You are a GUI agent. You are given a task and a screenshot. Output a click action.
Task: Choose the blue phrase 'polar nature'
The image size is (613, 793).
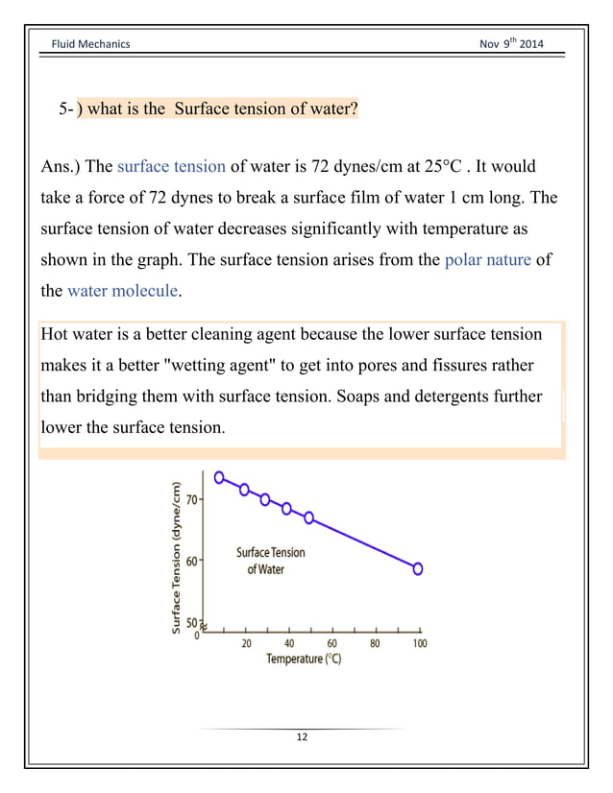click(x=488, y=259)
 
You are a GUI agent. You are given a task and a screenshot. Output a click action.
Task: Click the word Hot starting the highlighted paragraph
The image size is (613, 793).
click(x=58, y=334)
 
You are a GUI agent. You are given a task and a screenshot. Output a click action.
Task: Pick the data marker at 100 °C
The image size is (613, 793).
click(x=418, y=568)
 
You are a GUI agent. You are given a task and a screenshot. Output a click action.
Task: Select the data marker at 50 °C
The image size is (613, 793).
click(x=308, y=517)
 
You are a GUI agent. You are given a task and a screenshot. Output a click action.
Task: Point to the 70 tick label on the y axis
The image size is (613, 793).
click(x=191, y=499)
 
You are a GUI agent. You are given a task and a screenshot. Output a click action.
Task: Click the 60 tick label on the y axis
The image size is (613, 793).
click(x=191, y=562)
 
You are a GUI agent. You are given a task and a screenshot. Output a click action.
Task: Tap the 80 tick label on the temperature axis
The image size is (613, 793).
click(x=375, y=643)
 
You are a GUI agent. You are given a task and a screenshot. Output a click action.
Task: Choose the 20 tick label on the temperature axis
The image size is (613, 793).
click(x=246, y=643)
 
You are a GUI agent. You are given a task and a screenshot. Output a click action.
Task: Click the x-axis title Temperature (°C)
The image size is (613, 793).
click(x=304, y=660)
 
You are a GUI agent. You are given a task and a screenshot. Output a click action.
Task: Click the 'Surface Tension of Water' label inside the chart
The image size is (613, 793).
click(x=270, y=561)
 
